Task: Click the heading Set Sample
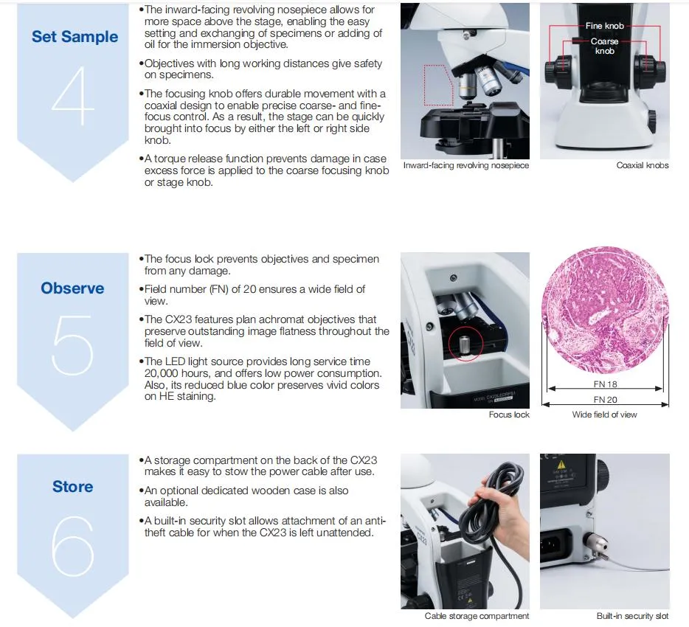pos(75,37)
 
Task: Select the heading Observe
pos(72,288)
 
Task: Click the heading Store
pos(72,487)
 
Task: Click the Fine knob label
pos(604,26)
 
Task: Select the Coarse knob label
pos(604,46)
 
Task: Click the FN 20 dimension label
pos(604,400)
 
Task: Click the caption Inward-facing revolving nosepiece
pos(465,165)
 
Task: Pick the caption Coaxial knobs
pos(642,165)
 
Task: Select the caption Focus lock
pos(509,415)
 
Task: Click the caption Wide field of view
pos(604,415)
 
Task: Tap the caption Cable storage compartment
pos(477,616)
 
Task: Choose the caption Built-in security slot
pos(632,616)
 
